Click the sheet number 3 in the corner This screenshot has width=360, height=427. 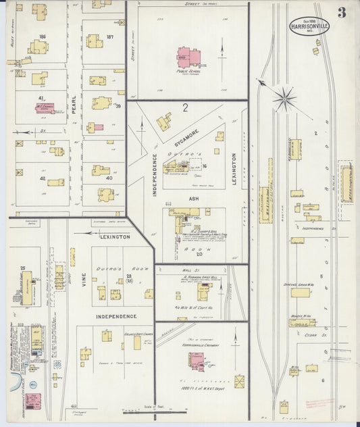click(x=343, y=11)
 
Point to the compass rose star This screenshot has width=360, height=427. click(x=286, y=99)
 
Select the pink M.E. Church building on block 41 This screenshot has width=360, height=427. click(x=45, y=107)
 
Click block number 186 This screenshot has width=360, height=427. click(x=43, y=36)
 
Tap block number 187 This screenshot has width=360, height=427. click(x=109, y=36)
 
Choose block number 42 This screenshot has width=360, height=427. click(x=42, y=179)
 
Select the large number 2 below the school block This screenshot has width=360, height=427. click(x=184, y=107)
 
